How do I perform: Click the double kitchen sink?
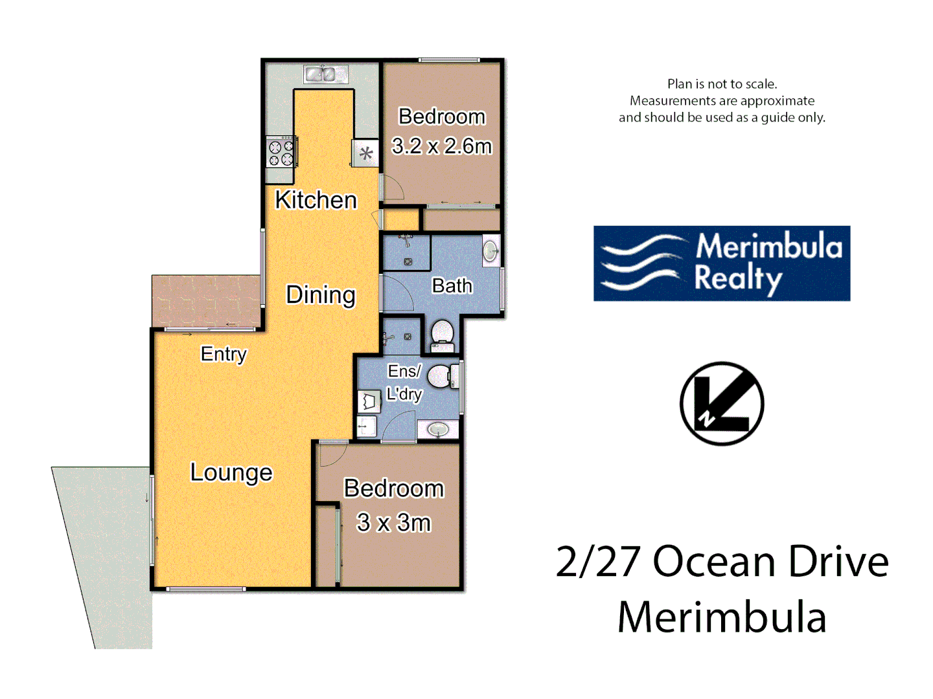326,74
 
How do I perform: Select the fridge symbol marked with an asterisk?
365,153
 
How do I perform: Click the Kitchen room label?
316,200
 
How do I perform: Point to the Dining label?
321,294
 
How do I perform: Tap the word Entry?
224,354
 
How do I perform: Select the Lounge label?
231,472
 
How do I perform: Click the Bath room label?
452,285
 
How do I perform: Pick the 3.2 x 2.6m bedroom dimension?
442,146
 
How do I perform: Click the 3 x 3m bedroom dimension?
394,522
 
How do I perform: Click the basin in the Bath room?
490,251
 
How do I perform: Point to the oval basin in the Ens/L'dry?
438,428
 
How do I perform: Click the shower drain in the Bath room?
408,261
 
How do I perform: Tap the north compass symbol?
722,404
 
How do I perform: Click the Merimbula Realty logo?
722,263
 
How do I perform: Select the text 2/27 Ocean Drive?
722,561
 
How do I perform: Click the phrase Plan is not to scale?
722,84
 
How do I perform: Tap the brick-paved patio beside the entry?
206,301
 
